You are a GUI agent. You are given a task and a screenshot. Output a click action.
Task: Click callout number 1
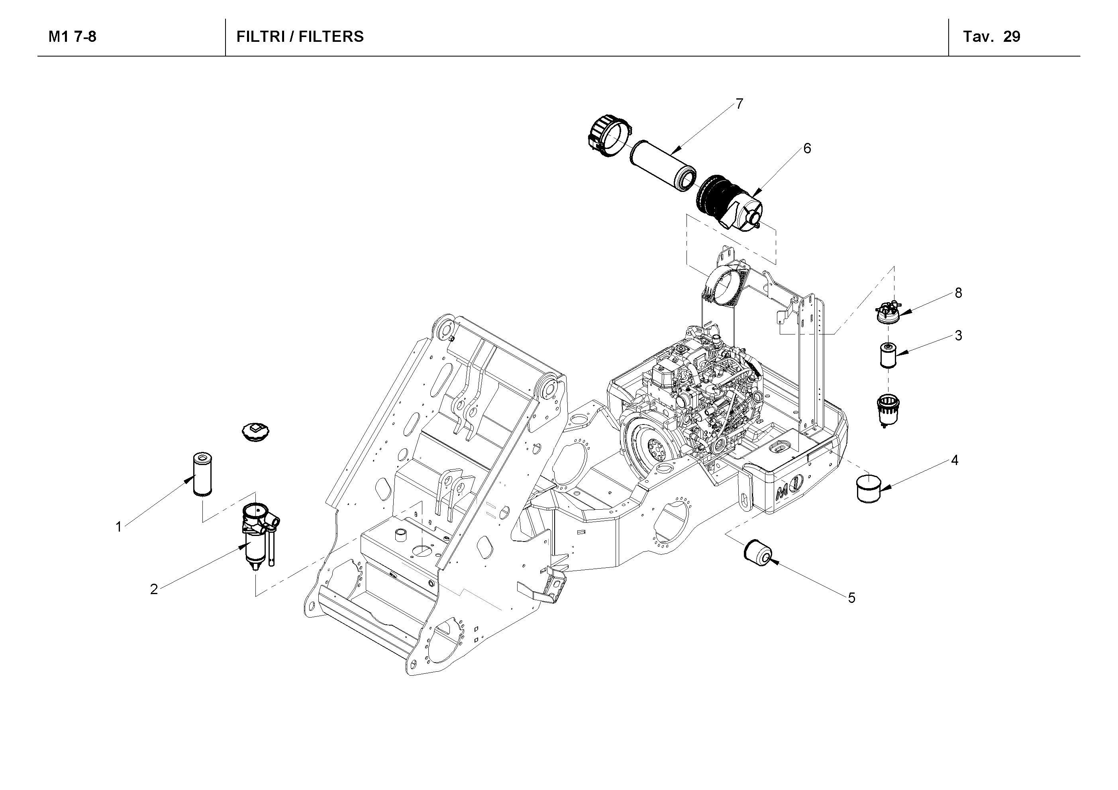click(x=118, y=527)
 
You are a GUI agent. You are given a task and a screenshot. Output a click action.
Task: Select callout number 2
click(x=154, y=589)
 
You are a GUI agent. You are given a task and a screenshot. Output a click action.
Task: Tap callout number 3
click(x=958, y=335)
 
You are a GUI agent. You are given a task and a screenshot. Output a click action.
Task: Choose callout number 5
click(x=851, y=598)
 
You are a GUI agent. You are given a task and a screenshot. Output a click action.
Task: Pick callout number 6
click(x=807, y=149)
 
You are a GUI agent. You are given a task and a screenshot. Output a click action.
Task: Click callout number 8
click(x=958, y=293)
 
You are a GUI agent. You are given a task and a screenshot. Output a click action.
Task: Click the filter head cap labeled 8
click(x=887, y=313)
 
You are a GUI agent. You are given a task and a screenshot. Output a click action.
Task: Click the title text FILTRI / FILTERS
click(x=300, y=37)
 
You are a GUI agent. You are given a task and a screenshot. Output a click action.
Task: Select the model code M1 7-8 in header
click(x=72, y=37)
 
